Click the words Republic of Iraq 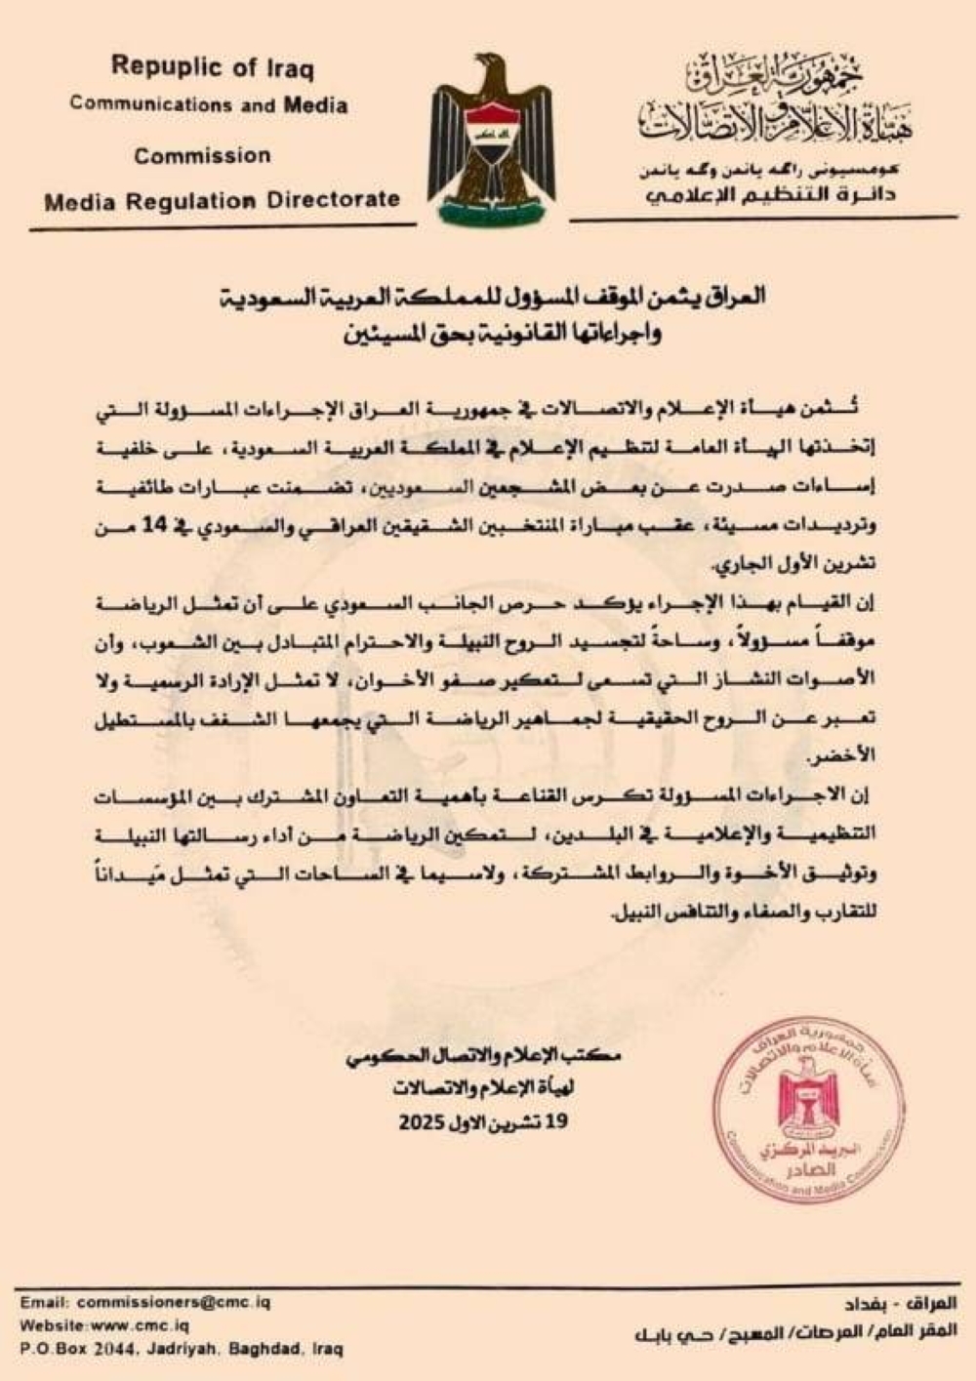[212, 67]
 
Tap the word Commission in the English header [202, 155]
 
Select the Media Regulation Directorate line [223, 200]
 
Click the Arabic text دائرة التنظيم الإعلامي [771, 195]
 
